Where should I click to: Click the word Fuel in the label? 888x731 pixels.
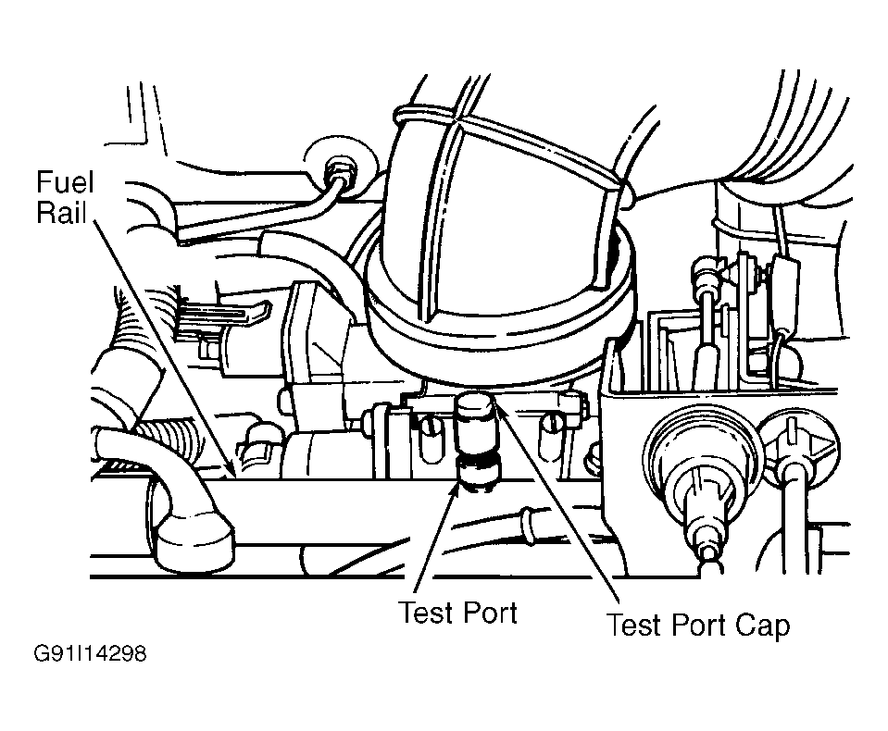pos(65,182)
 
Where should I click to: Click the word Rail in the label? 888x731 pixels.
pos(61,214)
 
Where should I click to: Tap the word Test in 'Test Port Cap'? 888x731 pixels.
pos(633,626)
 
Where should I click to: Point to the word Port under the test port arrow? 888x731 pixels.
pos(489,613)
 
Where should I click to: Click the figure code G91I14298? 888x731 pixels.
pos(91,654)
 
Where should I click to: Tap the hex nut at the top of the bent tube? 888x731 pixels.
pos(340,169)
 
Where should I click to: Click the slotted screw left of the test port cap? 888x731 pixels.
pos(430,433)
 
